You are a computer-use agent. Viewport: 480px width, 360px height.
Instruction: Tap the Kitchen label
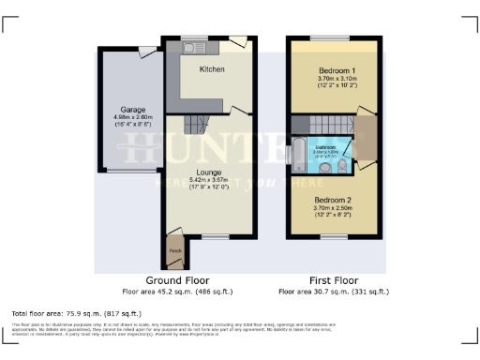coord(213,69)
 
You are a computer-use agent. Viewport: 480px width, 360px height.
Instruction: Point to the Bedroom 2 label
coord(333,200)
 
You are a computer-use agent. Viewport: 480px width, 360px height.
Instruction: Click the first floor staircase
coord(323,125)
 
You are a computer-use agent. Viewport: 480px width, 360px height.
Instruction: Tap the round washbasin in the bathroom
coord(324,168)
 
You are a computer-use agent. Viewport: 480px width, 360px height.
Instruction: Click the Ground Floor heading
coord(177,280)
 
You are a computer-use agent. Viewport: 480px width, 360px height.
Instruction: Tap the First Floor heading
coord(333,280)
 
